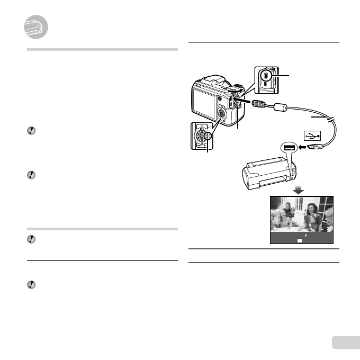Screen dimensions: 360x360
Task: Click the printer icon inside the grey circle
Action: (x=36, y=27)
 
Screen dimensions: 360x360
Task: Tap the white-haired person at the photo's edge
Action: (x=329, y=217)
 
